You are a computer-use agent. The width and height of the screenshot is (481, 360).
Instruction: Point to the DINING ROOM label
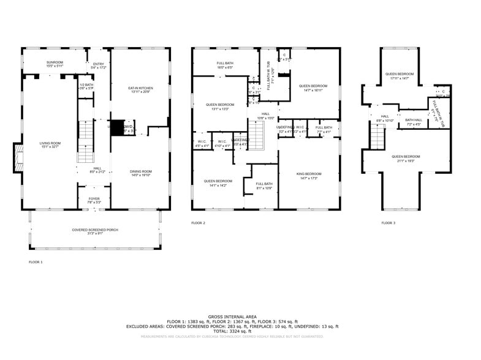(x=140, y=173)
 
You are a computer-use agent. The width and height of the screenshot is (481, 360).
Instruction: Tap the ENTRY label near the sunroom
(x=98, y=64)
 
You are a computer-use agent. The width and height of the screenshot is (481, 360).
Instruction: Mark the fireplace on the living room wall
(x=19, y=157)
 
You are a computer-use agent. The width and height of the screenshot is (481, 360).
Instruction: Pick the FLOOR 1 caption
(x=36, y=262)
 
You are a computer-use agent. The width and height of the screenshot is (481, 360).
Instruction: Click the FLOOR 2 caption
(x=198, y=223)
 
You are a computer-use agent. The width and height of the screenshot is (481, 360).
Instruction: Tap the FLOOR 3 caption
(x=388, y=223)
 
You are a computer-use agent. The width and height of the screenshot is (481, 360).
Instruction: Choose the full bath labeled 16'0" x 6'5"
(x=224, y=66)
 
